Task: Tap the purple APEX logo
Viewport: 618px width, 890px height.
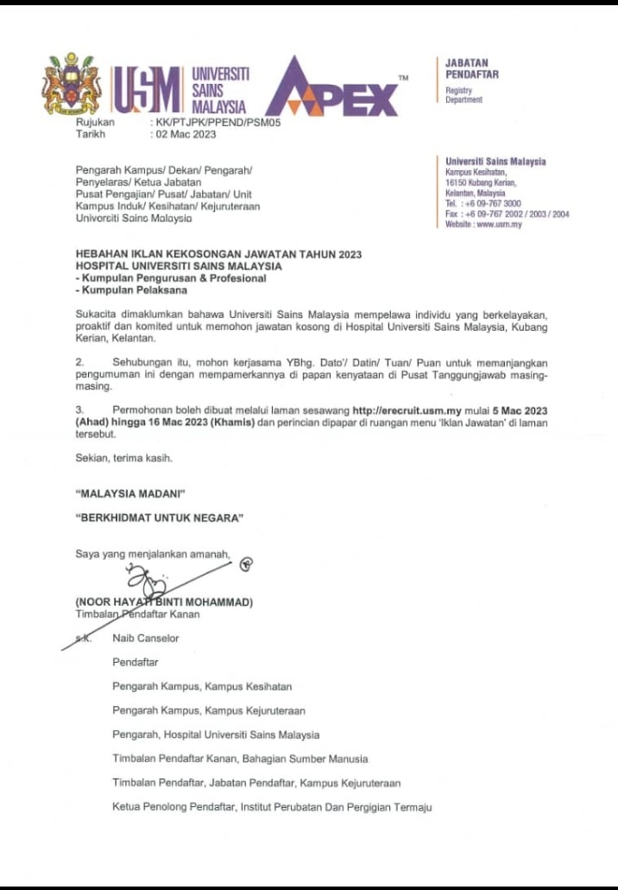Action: point(337,88)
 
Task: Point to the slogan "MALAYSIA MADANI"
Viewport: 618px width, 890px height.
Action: point(131,493)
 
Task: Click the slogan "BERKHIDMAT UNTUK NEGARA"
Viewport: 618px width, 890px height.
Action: point(160,518)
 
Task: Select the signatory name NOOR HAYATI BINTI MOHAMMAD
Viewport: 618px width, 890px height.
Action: point(164,601)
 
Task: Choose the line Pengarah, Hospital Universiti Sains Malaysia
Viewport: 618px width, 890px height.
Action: point(216,734)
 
